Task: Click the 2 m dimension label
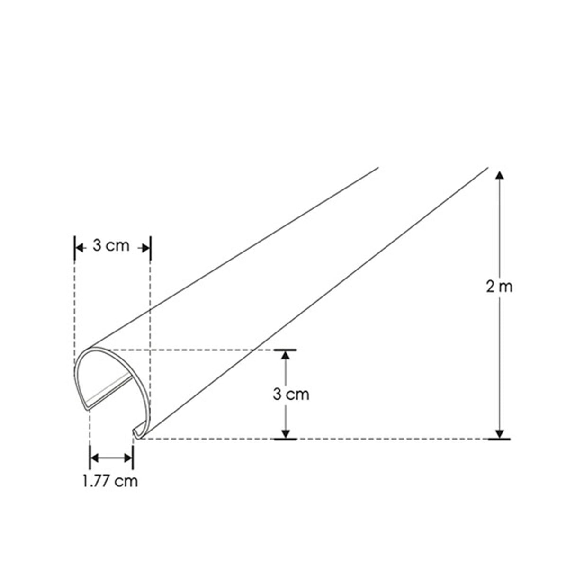coord(499,287)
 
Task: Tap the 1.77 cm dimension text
coord(110,481)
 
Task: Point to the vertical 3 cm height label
coord(291,394)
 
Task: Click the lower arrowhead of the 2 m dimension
coord(499,433)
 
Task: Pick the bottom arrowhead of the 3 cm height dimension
coord(285,433)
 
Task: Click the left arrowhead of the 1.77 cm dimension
coord(94,458)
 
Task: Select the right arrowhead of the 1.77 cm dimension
coord(129,458)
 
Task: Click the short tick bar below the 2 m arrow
coord(499,440)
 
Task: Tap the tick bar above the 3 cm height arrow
coord(285,350)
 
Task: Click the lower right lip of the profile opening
coord(136,432)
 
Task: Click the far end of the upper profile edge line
coord(377,168)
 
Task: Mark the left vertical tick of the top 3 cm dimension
coord(74,247)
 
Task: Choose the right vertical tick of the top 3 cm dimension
coord(150,247)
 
